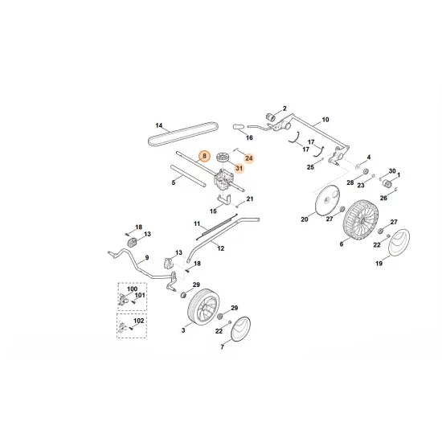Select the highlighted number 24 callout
(248, 158)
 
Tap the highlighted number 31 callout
(239, 169)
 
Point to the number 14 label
(159, 125)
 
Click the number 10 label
(325, 120)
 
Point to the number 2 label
(284, 108)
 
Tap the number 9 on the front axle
(146, 259)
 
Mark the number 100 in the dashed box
(133, 288)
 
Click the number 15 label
(213, 211)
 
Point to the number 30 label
(393, 171)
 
